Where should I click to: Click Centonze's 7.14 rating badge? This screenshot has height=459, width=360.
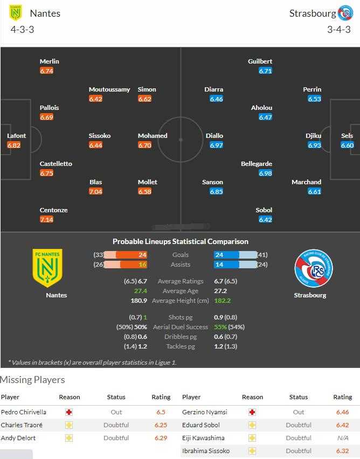point(46,219)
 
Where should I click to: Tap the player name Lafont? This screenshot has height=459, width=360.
point(16,136)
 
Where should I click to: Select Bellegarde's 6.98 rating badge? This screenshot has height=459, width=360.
point(265,173)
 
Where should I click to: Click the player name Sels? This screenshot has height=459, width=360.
point(347,136)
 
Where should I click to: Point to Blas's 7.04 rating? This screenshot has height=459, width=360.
point(95,191)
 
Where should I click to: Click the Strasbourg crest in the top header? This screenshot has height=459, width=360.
point(345,13)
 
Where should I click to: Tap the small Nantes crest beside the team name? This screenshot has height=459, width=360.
point(16,13)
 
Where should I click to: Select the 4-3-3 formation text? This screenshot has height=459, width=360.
point(22,29)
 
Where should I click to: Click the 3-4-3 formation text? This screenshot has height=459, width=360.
point(338,29)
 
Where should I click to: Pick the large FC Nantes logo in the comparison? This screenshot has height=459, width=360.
point(47,268)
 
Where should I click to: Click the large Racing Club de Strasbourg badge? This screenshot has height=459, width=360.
point(313,268)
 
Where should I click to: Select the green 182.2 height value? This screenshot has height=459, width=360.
point(222,301)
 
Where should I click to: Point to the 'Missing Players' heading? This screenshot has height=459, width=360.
point(32,380)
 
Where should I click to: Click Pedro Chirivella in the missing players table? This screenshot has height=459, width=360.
point(24,412)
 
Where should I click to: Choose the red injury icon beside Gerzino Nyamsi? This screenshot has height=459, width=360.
point(252,412)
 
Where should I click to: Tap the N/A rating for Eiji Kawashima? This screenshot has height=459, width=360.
point(342,438)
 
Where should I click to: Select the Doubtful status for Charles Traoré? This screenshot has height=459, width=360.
point(116,425)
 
